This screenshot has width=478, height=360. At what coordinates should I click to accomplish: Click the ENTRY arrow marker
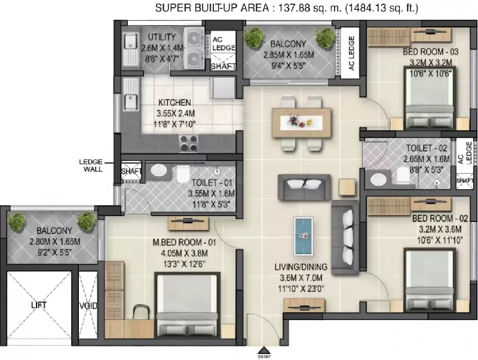[264, 350]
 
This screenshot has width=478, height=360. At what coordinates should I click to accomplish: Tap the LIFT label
[39, 305]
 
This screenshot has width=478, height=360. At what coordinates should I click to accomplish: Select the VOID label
[88, 306]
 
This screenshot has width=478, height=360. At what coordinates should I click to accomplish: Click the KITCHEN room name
[174, 102]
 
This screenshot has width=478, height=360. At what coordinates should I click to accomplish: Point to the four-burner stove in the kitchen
[188, 143]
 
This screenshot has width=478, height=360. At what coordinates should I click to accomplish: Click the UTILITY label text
[162, 37]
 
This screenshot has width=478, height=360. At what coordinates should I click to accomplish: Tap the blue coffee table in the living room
[304, 236]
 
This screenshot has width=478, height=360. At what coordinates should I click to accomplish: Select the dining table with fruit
[301, 123]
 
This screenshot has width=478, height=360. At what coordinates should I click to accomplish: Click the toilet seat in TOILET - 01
[183, 174]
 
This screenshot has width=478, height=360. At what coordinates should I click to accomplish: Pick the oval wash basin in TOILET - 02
[378, 180]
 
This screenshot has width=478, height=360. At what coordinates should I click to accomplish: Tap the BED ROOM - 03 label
[430, 52]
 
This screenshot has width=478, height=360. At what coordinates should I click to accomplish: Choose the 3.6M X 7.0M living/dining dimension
[301, 278]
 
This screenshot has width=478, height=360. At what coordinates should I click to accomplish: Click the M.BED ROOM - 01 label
[184, 242]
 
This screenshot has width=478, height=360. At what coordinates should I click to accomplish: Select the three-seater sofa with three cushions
[345, 237]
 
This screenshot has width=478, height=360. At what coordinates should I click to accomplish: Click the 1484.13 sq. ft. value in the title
[382, 8]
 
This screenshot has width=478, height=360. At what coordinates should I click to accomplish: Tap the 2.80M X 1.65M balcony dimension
[55, 242]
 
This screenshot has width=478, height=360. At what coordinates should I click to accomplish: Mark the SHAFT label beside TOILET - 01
[131, 171]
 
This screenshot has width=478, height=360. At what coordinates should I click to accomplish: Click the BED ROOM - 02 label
[440, 219]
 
